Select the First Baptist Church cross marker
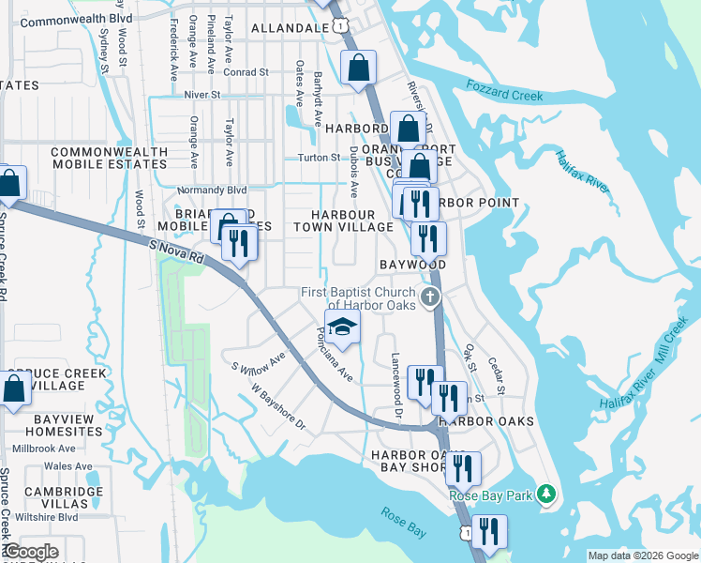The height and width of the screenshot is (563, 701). [430, 299]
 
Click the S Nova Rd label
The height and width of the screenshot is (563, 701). [175, 250]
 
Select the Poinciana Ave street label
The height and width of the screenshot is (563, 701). [334, 354]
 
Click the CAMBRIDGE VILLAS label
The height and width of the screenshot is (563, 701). [64, 497]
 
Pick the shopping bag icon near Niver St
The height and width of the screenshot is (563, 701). [358, 68]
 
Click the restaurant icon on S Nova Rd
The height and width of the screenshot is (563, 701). [239, 244]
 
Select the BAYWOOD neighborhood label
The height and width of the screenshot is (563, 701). [412, 266]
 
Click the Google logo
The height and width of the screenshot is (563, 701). [30, 552]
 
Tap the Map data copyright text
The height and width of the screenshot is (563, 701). [642, 555]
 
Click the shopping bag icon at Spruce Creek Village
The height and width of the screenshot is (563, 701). [14, 388]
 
